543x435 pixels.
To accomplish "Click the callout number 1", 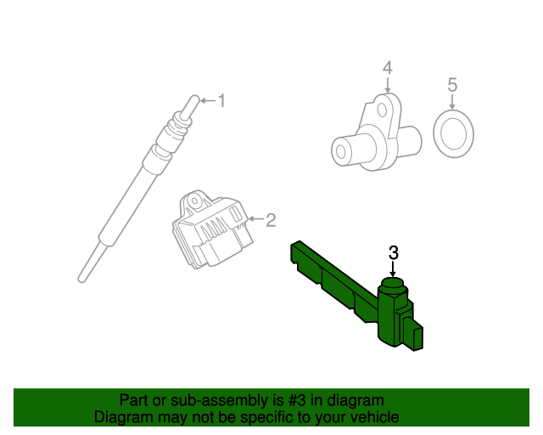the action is click(221, 100).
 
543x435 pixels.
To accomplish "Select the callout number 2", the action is click(271, 220).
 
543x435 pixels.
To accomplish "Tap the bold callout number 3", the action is click(394, 253).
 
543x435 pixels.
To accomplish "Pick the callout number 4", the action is click(388, 68).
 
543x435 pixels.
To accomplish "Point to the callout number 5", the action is click(452, 85).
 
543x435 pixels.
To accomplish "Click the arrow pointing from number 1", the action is click(208, 100).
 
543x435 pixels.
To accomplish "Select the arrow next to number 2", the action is click(255, 218).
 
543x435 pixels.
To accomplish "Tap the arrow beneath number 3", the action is click(393, 269).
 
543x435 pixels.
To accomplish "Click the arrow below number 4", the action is click(388, 85).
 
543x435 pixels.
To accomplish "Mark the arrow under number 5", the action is click(452, 102).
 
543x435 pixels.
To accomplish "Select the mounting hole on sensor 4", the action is click(382, 110).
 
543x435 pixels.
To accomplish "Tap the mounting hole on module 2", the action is click(195, 201).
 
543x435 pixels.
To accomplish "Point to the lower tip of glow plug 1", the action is click(81, 280).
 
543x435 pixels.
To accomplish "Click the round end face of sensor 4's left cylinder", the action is click(341, 152).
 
